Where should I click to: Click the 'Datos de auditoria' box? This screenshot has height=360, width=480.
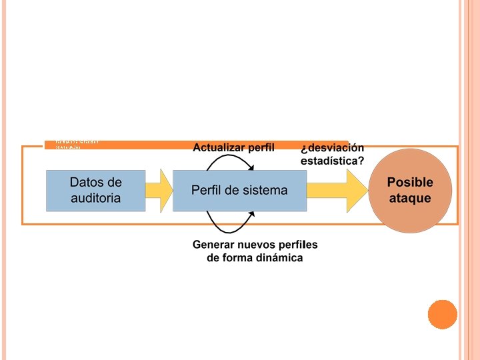click(x=95, y=191)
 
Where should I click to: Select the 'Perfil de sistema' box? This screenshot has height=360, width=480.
click(x=239, y=191)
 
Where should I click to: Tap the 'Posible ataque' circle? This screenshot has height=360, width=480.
click(x=410, y=191)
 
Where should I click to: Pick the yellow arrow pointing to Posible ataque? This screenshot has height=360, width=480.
click(x=337, y=191)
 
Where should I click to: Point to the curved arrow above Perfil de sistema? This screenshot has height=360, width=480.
click(x=230, y=161)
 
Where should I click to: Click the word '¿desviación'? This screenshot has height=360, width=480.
click(x=333, y=147)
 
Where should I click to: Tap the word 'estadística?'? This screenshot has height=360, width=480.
click(x=333, y=161)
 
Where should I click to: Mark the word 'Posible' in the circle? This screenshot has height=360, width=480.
click(x=410, y=183)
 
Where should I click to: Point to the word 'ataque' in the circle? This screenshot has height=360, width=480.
click(x=410, y=198)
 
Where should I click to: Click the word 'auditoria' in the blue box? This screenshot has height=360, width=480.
click(x=95, y=198)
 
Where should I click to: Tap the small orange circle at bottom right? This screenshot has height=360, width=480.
click(x=442, y=314)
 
